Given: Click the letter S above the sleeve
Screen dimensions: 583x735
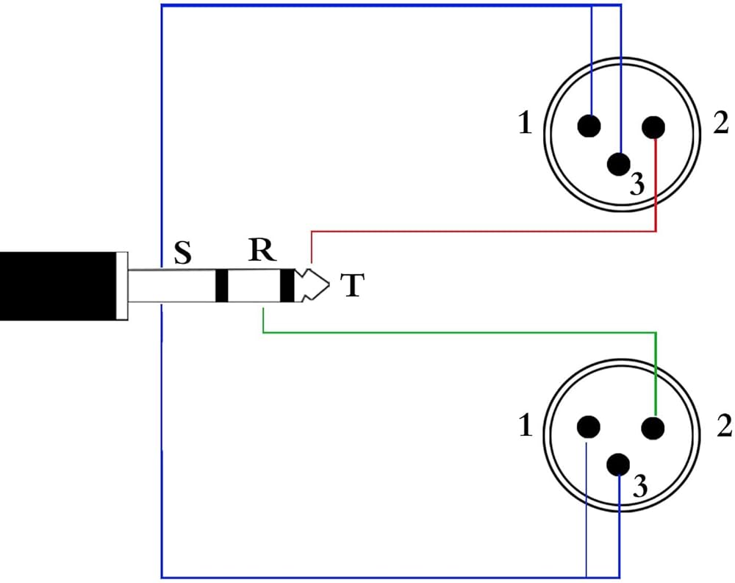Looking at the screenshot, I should [182, 254].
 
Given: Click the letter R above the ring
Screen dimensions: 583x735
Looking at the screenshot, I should [262, 251].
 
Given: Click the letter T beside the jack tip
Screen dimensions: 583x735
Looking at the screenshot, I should [353, 286].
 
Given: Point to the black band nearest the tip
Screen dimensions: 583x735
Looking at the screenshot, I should [287, 286].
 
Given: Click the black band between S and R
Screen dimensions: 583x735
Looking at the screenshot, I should [221, 286].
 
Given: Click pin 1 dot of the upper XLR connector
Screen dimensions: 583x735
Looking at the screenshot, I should [589, 126].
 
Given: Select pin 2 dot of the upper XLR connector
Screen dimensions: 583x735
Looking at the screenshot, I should [653, 127].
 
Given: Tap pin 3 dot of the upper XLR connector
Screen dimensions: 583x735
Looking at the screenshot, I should [619, 164].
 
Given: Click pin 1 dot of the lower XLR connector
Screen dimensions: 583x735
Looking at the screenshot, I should [589, 427].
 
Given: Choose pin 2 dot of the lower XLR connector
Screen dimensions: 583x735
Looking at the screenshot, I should [653, 427].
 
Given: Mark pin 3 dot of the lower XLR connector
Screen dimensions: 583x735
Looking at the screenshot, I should [619, 465].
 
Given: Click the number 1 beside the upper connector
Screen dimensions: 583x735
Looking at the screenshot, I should [525, 124].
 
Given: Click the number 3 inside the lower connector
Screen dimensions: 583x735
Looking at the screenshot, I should [641, 487].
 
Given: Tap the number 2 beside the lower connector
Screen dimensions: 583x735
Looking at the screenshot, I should [724, 426].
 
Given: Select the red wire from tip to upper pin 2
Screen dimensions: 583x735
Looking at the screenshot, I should [478, 232].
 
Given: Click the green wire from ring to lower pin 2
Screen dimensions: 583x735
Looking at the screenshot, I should [456, 333].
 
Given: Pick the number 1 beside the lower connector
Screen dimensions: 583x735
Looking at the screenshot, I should [525, 426].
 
